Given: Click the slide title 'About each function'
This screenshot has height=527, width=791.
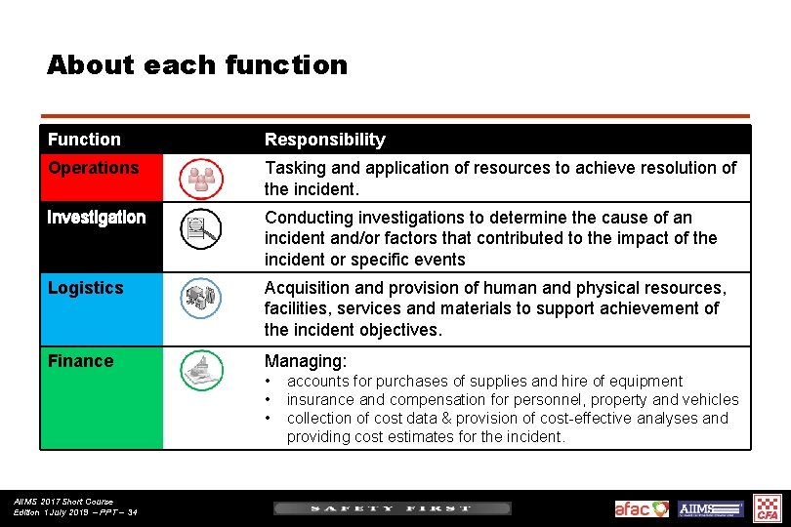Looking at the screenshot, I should point(196,65).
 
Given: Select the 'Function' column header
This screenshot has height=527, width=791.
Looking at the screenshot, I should point(84,140).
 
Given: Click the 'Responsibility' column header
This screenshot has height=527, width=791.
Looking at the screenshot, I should point(324,140).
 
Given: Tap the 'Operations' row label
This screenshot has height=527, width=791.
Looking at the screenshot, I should point(94,168).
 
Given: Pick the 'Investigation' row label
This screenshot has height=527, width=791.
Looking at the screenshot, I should point(97,218).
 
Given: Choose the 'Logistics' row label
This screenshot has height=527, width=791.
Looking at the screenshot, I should point(86,288).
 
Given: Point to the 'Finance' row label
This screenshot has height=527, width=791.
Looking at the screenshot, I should point(80,361).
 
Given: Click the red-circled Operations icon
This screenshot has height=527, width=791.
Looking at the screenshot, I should point(201,178).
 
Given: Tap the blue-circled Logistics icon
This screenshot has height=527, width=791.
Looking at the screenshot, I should point(201,298).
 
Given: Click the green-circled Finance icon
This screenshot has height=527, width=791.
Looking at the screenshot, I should point(201,371).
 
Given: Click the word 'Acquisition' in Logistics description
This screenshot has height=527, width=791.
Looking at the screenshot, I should point(309,288).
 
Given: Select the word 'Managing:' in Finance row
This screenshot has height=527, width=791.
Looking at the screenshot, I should point(305,361).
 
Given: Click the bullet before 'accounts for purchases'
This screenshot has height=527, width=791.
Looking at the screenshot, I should point(269,382).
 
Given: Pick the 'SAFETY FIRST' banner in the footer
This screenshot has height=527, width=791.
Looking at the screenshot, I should point(392,508).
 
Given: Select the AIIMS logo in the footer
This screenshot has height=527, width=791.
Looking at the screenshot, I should point(711,508).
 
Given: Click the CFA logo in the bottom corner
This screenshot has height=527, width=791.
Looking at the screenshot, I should point(769,508).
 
